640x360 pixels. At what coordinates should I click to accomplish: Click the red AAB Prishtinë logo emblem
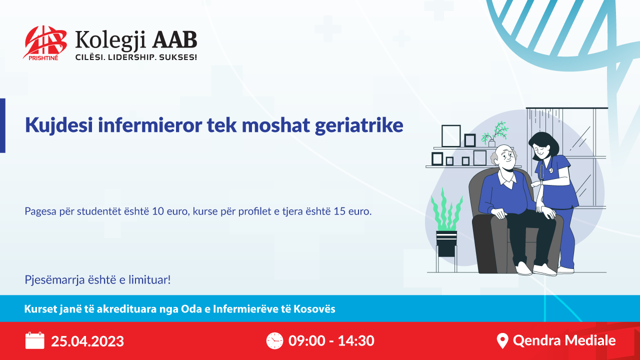(x=45, y=43)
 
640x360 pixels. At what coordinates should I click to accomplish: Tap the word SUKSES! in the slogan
(x=177, y=57)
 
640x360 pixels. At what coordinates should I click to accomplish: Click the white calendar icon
(x=35, y=340)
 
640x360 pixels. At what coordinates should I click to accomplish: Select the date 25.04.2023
(x=87, y=341)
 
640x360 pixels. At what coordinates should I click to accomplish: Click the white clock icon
(x=274, y=340)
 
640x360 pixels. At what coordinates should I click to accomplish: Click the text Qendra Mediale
(x=564, y=340)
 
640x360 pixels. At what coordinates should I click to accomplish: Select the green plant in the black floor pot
(x=446, y=210)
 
